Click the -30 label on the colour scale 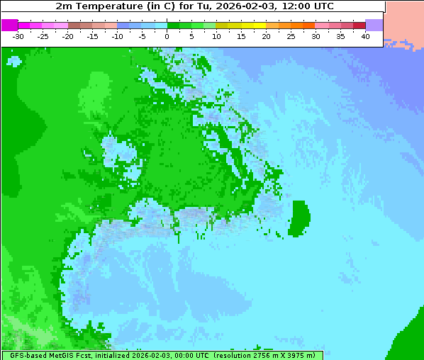[x=18, y=36]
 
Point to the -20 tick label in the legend [x=68, y=36]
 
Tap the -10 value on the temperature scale [x=117, y=36]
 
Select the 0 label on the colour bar [x=167, y=36]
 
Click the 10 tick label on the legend [x=216, y=36]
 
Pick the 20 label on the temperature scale [x=266, y=36]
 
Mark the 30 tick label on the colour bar [x=316, y=36]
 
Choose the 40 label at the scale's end [x=365, y=36]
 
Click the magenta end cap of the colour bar [x=9, y=25]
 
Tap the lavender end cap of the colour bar [x=374, y=25]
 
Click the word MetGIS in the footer [x=61, y=355]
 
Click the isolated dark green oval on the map [x=300, y=218]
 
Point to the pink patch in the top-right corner [x=405, y=21]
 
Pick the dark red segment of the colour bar [x=359, y=25]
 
